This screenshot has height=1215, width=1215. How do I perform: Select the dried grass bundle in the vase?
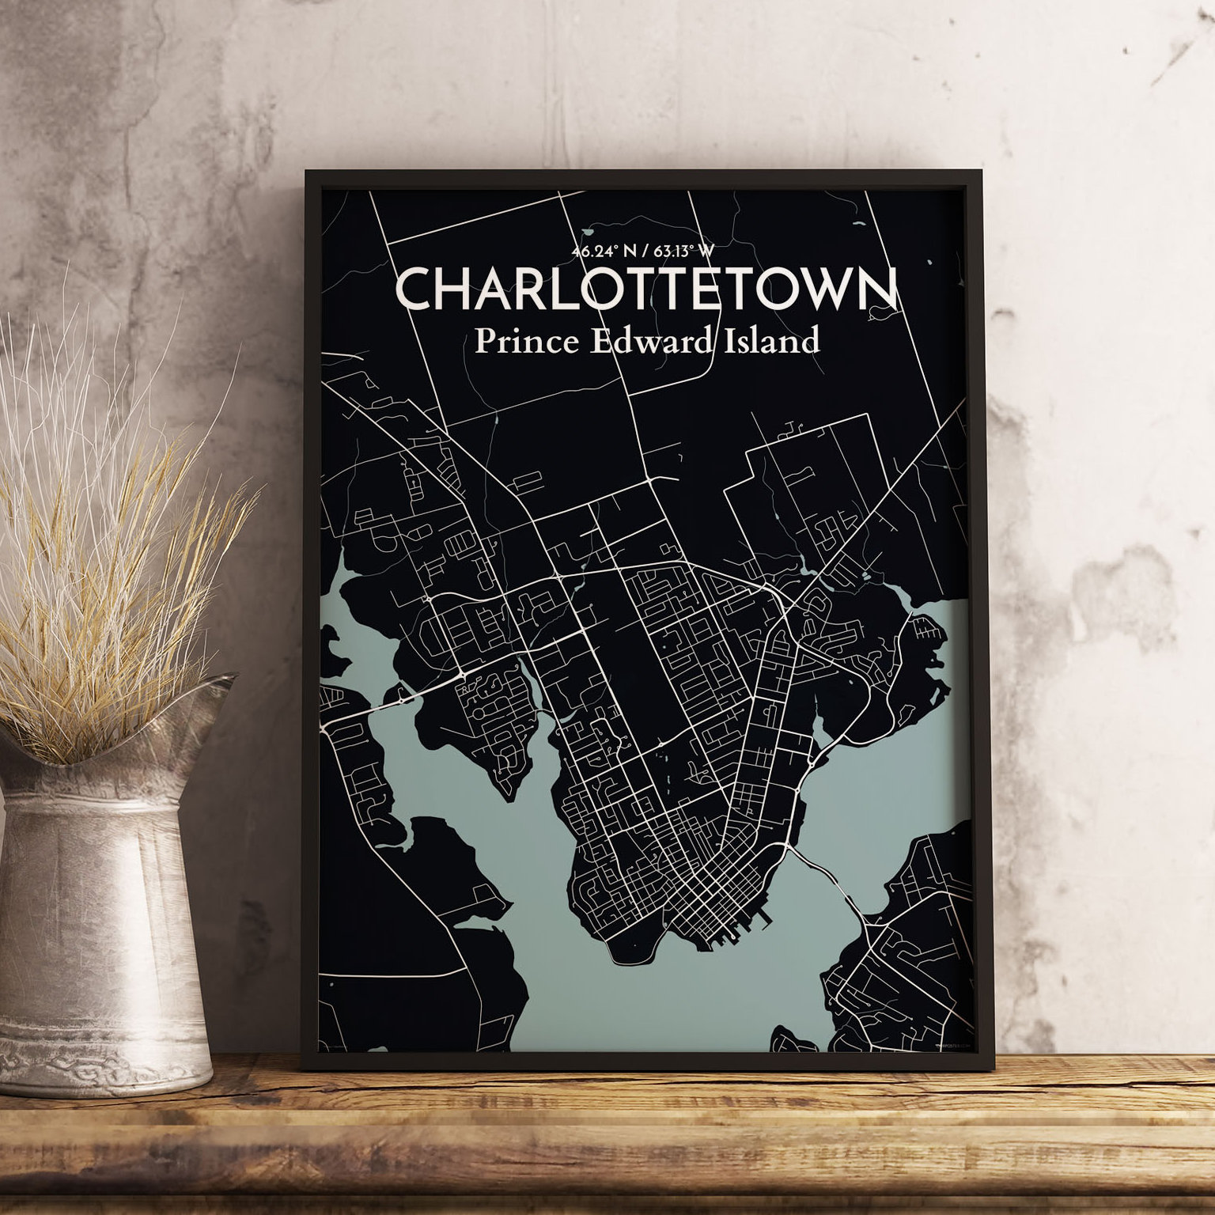(x=103, y=554)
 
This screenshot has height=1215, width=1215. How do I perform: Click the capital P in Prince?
(x=483, y=342)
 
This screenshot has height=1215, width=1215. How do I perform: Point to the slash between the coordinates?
(x=644, y=252)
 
